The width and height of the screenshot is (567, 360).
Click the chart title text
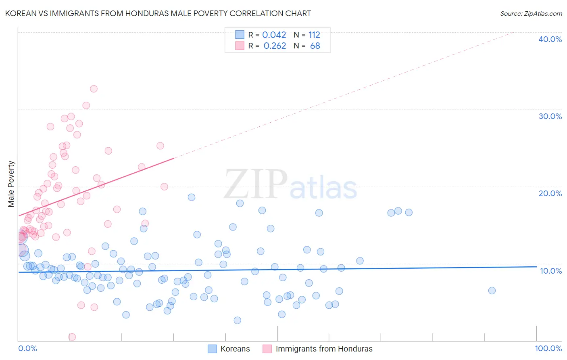tap(158, 13)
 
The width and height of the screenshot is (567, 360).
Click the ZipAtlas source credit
tap(531, 13)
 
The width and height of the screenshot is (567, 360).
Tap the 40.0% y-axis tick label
tap(550, 39)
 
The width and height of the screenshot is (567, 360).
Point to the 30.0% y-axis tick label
tap(550, 116)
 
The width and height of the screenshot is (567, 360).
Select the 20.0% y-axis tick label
tap(550, 193)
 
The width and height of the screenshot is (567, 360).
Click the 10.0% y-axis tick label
tap(551, 271)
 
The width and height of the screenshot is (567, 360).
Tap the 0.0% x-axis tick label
tap(27, 348)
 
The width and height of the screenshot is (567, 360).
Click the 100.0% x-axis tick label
tap(548, 348)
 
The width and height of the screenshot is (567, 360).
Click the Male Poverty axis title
tap(11, 184)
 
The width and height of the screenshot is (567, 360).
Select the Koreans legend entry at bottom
tap(235, 349)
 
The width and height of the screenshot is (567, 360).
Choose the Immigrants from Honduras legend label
tap(324, 349)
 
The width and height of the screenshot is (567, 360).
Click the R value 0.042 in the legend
tap(274, 35)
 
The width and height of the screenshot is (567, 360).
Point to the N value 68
tap(315, 46)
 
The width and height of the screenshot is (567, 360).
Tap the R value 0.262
tap(275, 46)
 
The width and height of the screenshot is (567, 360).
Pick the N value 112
tap(314, 35)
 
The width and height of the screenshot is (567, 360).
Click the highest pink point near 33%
tap(94, 89)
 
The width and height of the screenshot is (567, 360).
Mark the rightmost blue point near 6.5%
tap(492, 291)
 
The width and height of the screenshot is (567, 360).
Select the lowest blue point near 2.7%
tap(238, 320)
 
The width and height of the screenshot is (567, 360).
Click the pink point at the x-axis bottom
tap(72, 337)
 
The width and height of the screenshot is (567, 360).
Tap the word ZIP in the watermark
tap(256, 184)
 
